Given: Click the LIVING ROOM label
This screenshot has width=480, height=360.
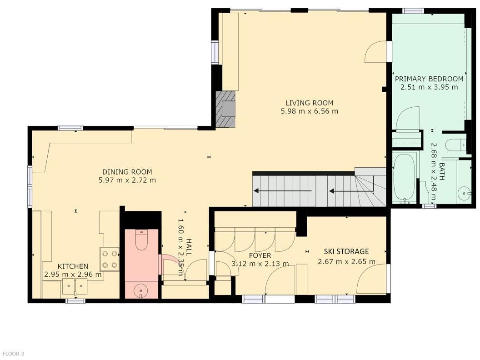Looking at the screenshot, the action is coord(310,103).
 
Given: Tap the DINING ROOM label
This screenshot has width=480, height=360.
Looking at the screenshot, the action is coord(127,172).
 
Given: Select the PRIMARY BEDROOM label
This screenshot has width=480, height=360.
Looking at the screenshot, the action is coord(429,79).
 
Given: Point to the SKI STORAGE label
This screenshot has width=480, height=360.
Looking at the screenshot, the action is coord(346,251).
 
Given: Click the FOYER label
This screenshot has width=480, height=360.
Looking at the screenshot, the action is coord(260,255).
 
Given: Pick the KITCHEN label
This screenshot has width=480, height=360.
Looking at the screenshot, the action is coord(73,266).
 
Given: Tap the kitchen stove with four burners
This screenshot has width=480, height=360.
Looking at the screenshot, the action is coord(110,259).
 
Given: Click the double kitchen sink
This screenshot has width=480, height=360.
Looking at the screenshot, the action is coord(75,286).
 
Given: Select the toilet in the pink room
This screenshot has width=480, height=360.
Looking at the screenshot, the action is coord(141,240).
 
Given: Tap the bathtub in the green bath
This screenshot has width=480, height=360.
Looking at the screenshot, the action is coord(405,179).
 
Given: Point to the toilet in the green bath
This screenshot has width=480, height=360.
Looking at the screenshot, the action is coord(455,145).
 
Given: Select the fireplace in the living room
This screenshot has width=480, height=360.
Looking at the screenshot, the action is coord(225,109).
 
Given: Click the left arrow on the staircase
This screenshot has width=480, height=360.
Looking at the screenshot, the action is coord(283,191).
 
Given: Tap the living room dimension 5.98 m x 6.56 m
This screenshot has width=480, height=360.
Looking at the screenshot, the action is coord(310,111).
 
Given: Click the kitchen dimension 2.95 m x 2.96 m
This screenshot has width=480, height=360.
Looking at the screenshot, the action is coord(73,275).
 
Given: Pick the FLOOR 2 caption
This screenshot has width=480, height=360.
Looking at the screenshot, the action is coord(12,354).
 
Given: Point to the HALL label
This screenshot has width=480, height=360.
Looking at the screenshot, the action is coord(189,247).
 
